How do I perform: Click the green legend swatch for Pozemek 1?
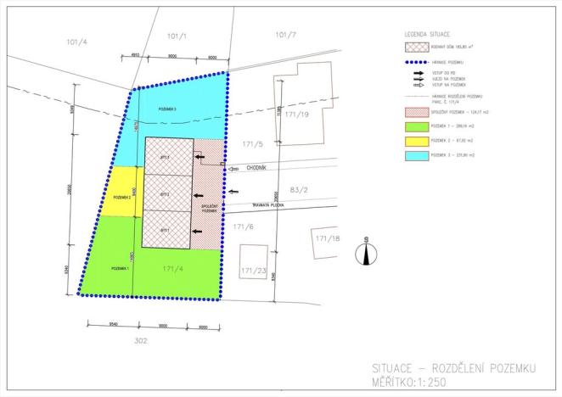click(416, 126)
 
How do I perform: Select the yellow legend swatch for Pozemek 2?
click(416, 142)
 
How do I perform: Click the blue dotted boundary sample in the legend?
click(416, 64)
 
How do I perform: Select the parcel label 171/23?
click(254, 271)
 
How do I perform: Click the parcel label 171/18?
click(328, 239)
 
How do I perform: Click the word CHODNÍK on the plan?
click(259, 168)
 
